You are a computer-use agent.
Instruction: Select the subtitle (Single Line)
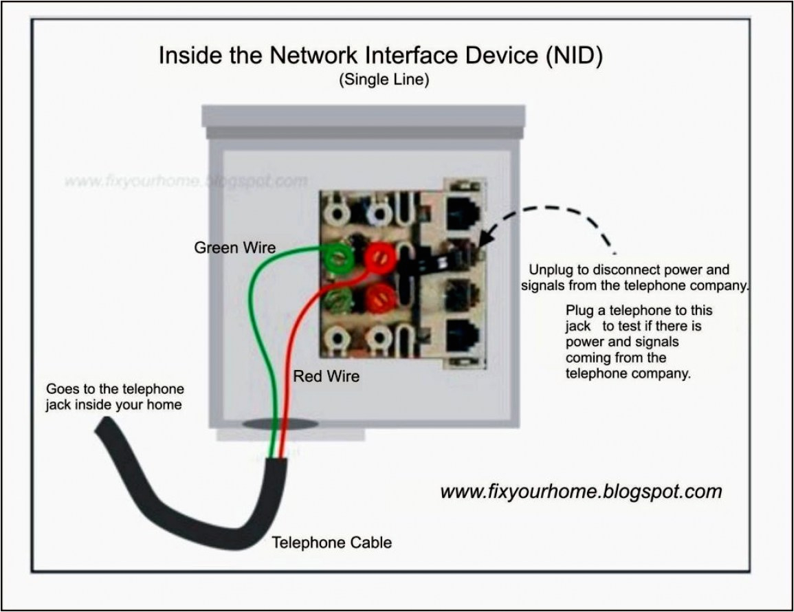384,80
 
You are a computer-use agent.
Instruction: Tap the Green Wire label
234,248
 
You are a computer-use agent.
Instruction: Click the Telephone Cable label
331,543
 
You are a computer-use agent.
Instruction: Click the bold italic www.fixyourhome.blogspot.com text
581,492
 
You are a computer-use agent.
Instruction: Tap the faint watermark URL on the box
186,182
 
